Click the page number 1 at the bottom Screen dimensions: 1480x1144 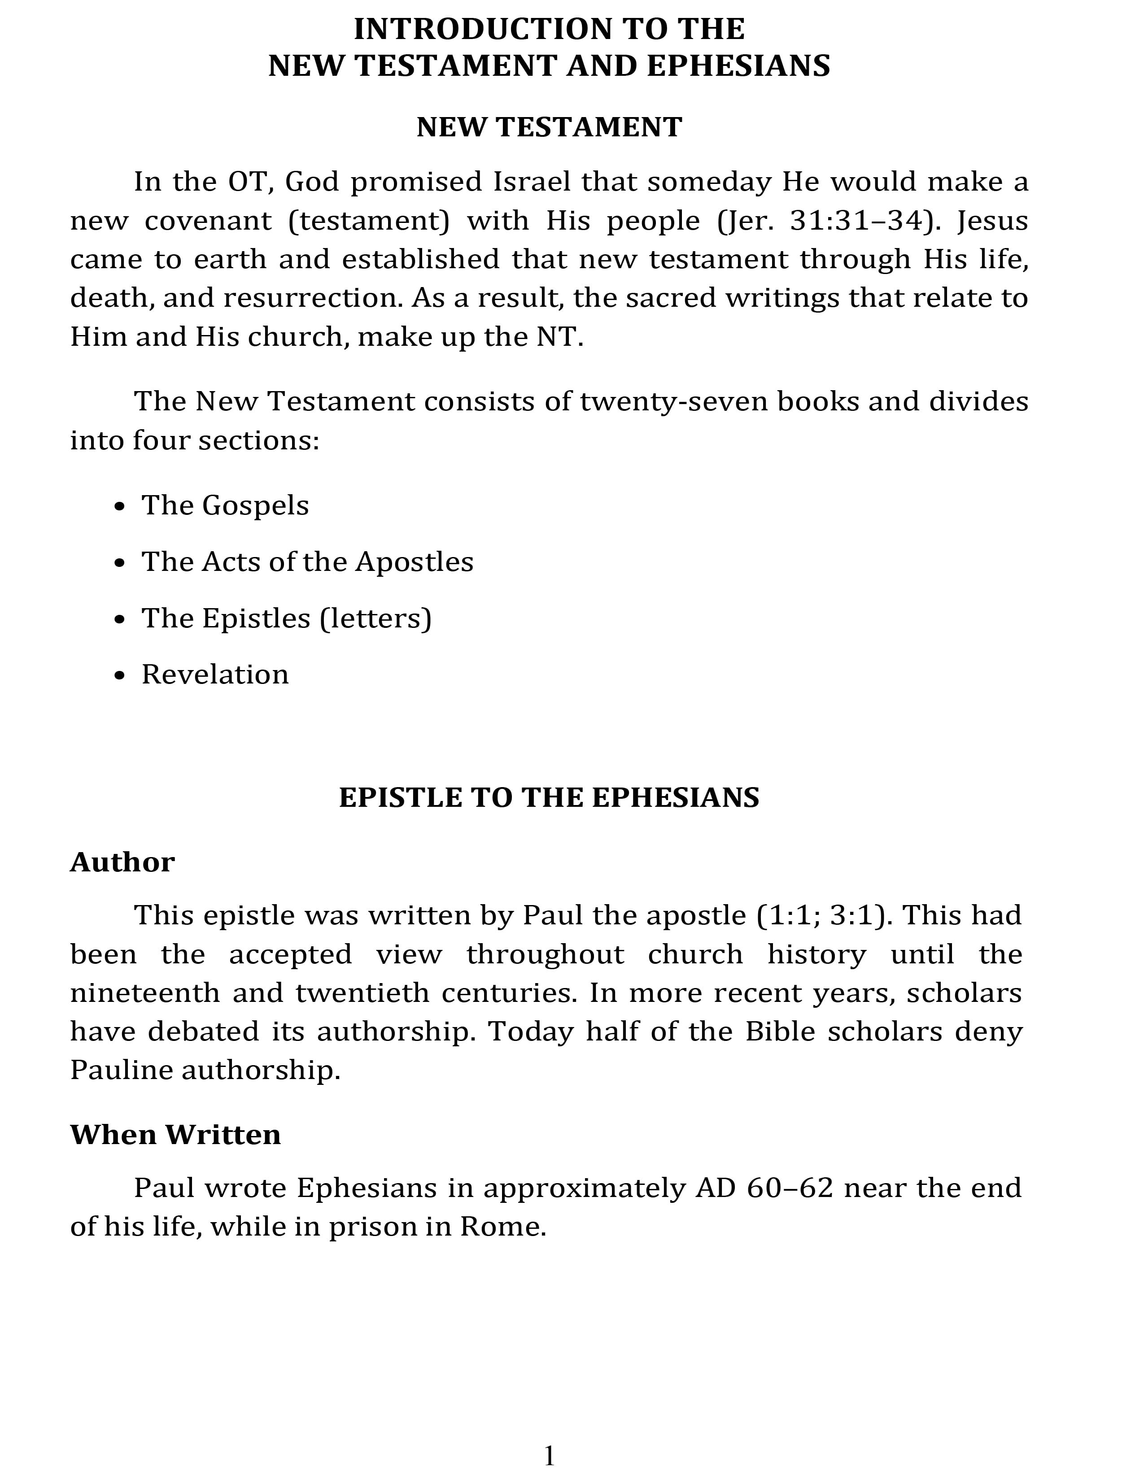tap(550, 1455)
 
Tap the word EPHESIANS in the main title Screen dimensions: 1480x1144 tap(738, 66)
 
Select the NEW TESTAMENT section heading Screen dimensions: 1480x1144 tap(549, 127)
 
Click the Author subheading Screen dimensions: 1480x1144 tap(122, 862)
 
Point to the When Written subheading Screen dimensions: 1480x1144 tap(175, 1134)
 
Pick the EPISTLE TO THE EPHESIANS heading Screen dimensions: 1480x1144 tap(549, 797)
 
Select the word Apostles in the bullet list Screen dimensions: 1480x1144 tap(415, 562)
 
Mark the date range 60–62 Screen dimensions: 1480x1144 tap(790, 1188)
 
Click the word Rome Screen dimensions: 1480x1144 tap(503, 1227)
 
